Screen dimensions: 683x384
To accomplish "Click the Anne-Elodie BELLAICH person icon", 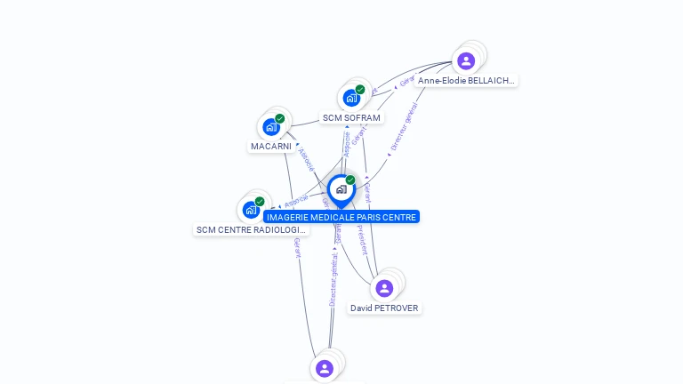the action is click(466, 60).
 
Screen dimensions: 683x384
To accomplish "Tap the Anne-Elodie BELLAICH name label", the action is click(466, 81).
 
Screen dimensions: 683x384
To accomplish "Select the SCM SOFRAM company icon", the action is click(351, 98).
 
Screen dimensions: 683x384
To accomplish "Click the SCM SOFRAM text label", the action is click(351, 118).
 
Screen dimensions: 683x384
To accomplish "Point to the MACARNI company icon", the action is click(271, 127).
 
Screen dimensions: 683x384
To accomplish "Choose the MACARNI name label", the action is click(271, 147).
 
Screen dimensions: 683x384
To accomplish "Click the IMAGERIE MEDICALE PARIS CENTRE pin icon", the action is click(341, 189).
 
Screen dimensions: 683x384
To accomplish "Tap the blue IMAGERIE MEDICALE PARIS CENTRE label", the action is click(341, 217).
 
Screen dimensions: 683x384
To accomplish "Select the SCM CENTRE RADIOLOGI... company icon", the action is click(251, 211).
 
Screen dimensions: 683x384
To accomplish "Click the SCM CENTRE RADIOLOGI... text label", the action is click(251, 230).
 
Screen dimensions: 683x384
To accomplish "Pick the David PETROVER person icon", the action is click(384, 288).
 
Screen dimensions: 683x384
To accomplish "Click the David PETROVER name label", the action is click(384, 308).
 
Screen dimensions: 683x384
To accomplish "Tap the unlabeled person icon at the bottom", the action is click(325, 368).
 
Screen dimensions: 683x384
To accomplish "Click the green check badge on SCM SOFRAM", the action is click(360, 89).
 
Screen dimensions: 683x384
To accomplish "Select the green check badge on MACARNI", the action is click(280, 118).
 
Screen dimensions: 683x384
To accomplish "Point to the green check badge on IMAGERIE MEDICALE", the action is click(350, 180).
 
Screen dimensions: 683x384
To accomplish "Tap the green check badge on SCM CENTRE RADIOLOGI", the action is click(260, 202).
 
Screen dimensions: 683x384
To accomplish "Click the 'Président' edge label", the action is click(362, 239).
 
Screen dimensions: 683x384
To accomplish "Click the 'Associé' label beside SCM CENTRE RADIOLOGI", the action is click(297, 200).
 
